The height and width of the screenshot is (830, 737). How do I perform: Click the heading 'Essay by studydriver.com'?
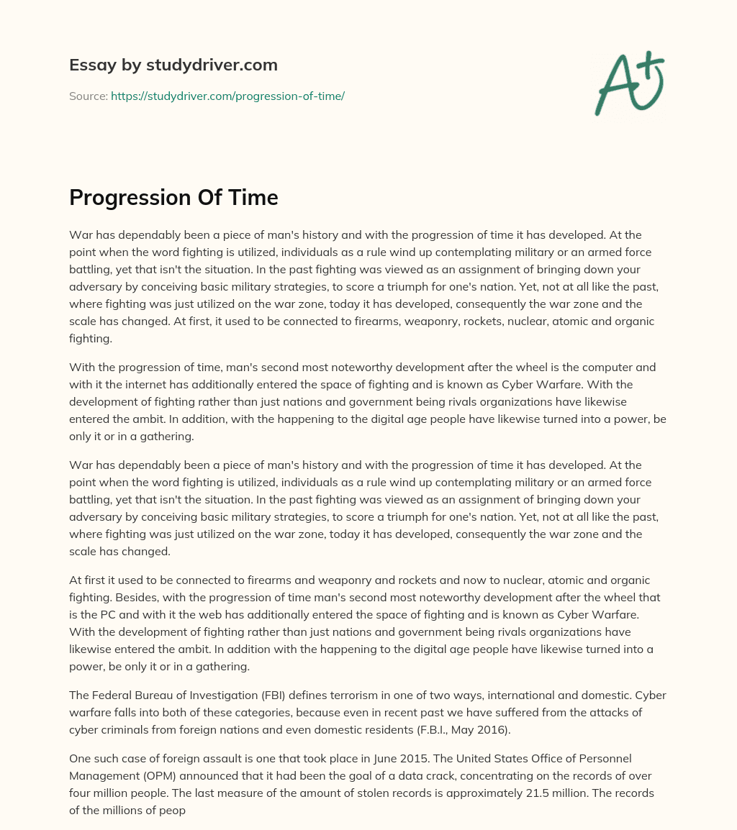pyautogui.click(x=173, y=65)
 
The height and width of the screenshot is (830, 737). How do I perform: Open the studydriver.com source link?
pyautogui.click(x=227, y=96)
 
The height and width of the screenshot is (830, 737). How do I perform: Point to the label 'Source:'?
pyautogui.click(x=88, y=96)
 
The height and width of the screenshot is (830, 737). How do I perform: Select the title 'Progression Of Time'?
pyautogui.click(x=173, y=197)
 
